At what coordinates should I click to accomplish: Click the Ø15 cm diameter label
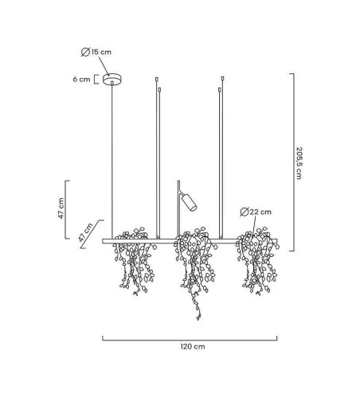click(96, 52)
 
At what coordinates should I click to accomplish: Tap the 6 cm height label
click(81, 80)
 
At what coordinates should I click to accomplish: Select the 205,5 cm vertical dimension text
click(299, 163)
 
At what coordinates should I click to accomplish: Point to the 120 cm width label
click(193, 346)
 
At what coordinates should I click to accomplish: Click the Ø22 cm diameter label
click(256, 212)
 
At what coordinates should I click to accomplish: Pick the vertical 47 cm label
click(61, 208)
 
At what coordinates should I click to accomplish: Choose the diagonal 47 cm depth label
click(85, 232)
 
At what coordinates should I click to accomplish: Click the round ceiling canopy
click(112, 79)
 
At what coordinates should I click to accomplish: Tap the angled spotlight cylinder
click(189, 202)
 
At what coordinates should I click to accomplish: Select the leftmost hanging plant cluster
click(134, 261)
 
